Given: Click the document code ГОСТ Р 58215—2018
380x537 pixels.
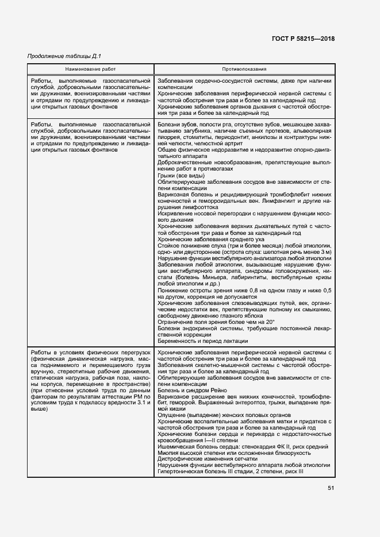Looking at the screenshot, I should (303, 39).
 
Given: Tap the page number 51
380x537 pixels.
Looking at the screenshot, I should (331, 488).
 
